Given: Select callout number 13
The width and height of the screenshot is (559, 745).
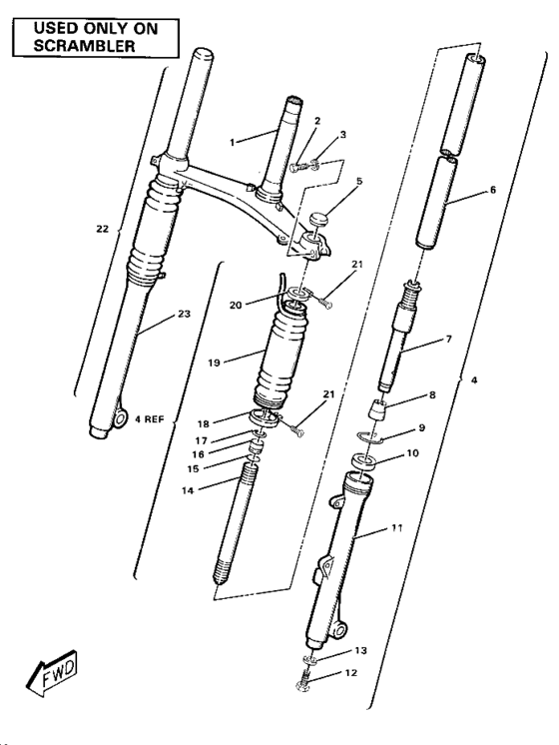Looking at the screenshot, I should pos(361,650).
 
